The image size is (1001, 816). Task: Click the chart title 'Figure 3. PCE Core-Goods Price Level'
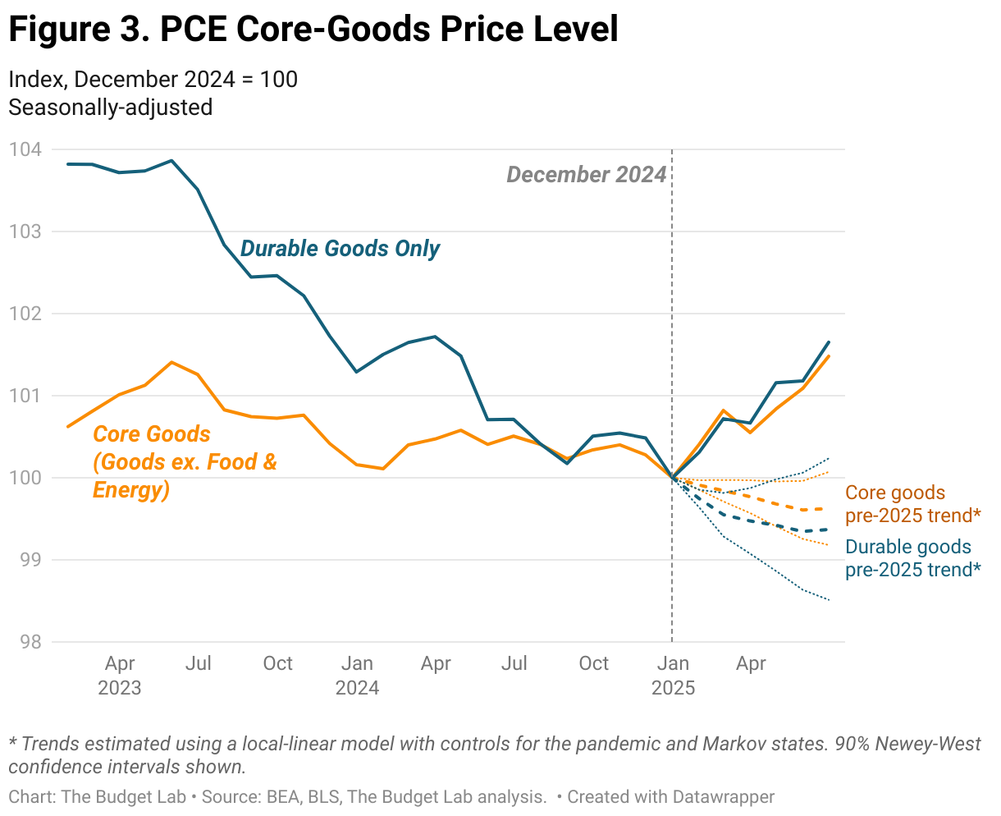coord(313,30)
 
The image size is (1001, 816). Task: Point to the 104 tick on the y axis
coord(25,149)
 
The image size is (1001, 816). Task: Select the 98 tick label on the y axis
coord(29,642)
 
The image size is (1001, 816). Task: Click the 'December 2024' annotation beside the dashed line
coord(586,175)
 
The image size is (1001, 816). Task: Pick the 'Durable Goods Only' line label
coord(340,249)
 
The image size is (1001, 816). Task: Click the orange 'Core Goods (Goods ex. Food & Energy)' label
coord(185,462)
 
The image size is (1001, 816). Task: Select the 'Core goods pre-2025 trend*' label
coord(912,504)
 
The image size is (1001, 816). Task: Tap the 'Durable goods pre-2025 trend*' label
coord(912,558)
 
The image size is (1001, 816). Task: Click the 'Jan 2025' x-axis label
coord(673,675)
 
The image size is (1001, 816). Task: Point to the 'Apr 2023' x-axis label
coord(120,675)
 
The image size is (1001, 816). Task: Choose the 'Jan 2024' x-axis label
coord(357,675)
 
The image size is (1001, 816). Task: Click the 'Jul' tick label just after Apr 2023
coord(199,663)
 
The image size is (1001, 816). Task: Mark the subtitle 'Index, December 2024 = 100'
coord(153,80)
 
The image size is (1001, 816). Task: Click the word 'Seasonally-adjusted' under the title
coord(110,108)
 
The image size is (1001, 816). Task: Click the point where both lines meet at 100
coord(673,478)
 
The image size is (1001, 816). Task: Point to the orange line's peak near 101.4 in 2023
coord(171,362)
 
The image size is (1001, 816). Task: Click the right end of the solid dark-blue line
coord(830,342)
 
